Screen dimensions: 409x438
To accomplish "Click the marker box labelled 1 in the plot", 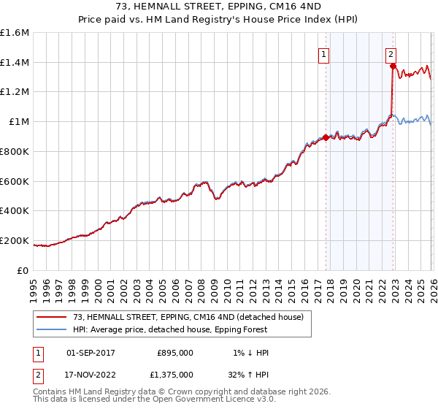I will click(x=323, y=53).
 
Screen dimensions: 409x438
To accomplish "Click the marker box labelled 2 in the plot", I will click(x=391, y=53).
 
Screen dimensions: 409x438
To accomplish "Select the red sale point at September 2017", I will click(x=326, y=137).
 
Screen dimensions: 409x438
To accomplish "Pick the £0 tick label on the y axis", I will click(x=23, y=270).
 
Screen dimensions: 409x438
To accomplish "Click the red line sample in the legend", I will click(x=52, y=316).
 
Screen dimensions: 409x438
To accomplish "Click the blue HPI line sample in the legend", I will click(x=52, y=329).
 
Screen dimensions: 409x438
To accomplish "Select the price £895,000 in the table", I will click(x=175, y=353).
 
